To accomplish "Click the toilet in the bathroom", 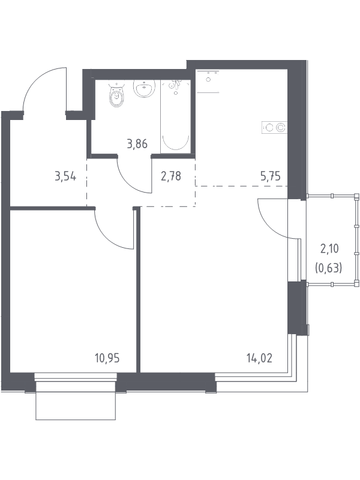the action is [x=116, y=95].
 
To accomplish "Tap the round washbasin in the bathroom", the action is [x=145, y=88].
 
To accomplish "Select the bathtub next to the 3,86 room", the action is [x=175, y=116].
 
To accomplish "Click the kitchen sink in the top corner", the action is [x=208, y=82].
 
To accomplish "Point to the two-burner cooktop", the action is [x=274, y=127].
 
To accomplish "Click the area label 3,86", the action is [x=137, y=143].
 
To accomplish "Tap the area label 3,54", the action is [x=65, y=176].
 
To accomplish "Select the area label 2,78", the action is [x=171, y=176].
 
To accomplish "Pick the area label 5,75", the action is [x=271, y=176].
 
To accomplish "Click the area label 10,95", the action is [x=107, y=358].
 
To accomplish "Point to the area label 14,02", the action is [x=259, y=358].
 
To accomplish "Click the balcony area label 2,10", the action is [x=329, y=249].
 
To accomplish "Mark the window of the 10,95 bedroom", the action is [x=76, y=377].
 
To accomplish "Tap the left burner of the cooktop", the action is [x=269, y=127].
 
